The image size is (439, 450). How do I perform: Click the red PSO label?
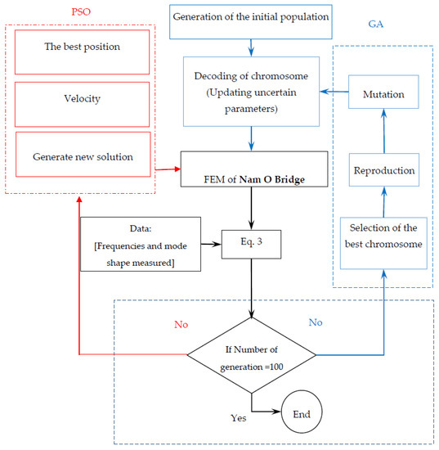[x=82, y=15]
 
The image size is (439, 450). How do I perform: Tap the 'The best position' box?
[x=82, y=47]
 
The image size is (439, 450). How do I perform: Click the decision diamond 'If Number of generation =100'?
[x=251, y=356]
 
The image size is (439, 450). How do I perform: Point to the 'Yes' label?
[x=238, y=417]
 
